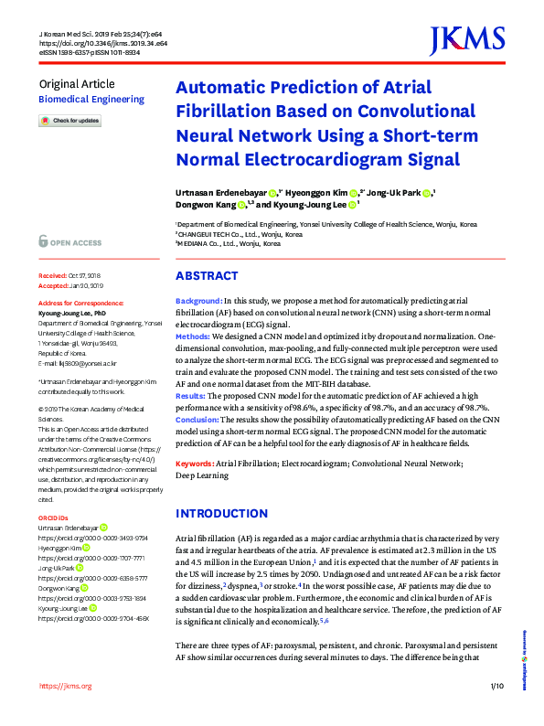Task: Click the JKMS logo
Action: click(x=466, y=40)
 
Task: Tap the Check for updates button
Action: click(x=69, y=121)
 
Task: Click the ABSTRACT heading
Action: click(x=207, y=276)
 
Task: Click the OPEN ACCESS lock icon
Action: click(x=43, y=241)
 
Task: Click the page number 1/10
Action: click(x=497, y=710)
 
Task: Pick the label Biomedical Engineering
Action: click(x=91, y=100)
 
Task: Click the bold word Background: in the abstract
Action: click(x=197, y=302)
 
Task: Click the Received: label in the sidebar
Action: click(x=53, y=275)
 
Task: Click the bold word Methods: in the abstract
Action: click(x=193, y=336)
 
